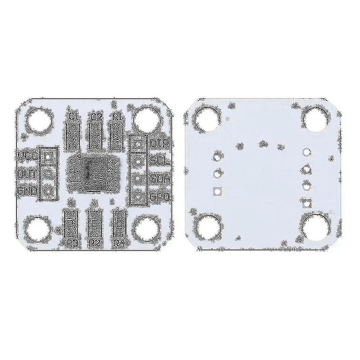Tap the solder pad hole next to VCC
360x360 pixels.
[x=48, y=156]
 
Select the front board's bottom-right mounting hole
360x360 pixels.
[x=147, y=228]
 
